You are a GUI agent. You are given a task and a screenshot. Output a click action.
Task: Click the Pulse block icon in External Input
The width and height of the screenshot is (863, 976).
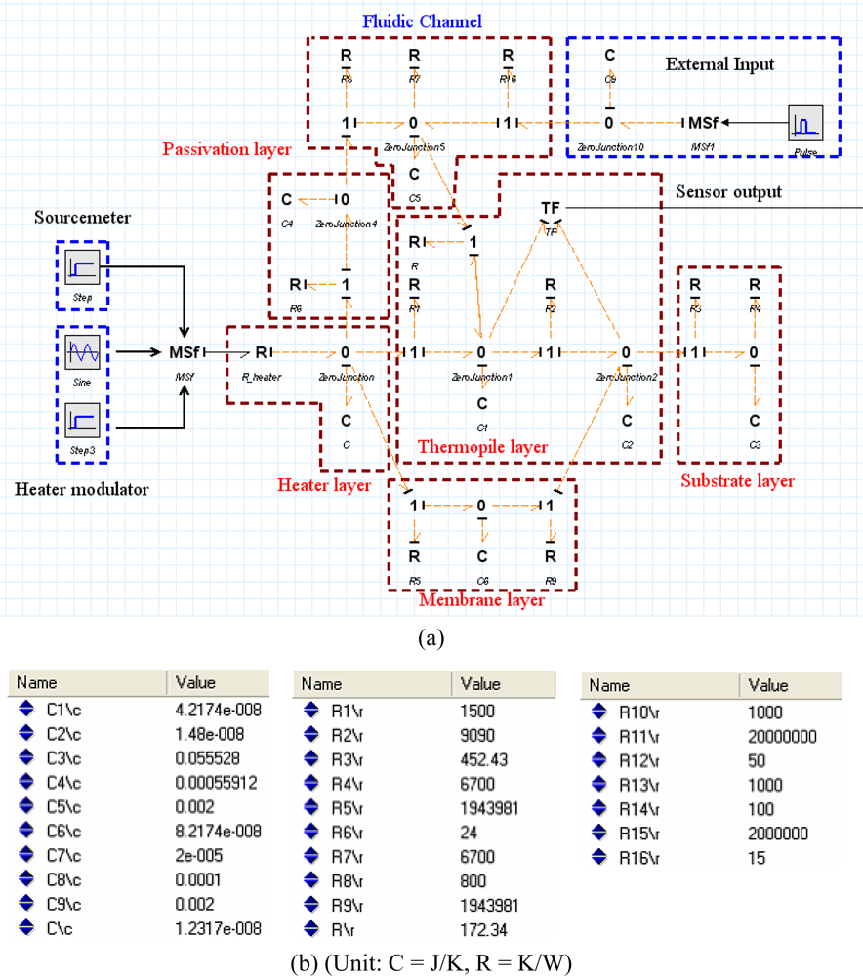(806, 123)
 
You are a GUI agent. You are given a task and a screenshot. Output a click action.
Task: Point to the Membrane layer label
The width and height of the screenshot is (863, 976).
(480, 600)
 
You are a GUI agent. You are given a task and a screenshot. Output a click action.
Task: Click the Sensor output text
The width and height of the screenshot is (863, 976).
(728, 192)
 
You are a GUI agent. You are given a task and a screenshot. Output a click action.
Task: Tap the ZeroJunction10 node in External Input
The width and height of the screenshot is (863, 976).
(608, 124)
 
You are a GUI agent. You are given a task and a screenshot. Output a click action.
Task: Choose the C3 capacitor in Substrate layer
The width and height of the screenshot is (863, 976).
(754, 421)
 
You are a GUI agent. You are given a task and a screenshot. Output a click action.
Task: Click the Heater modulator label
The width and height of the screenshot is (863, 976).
(82, 490)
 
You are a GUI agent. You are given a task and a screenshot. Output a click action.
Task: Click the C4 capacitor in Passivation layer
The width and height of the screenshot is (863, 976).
(286, 200)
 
